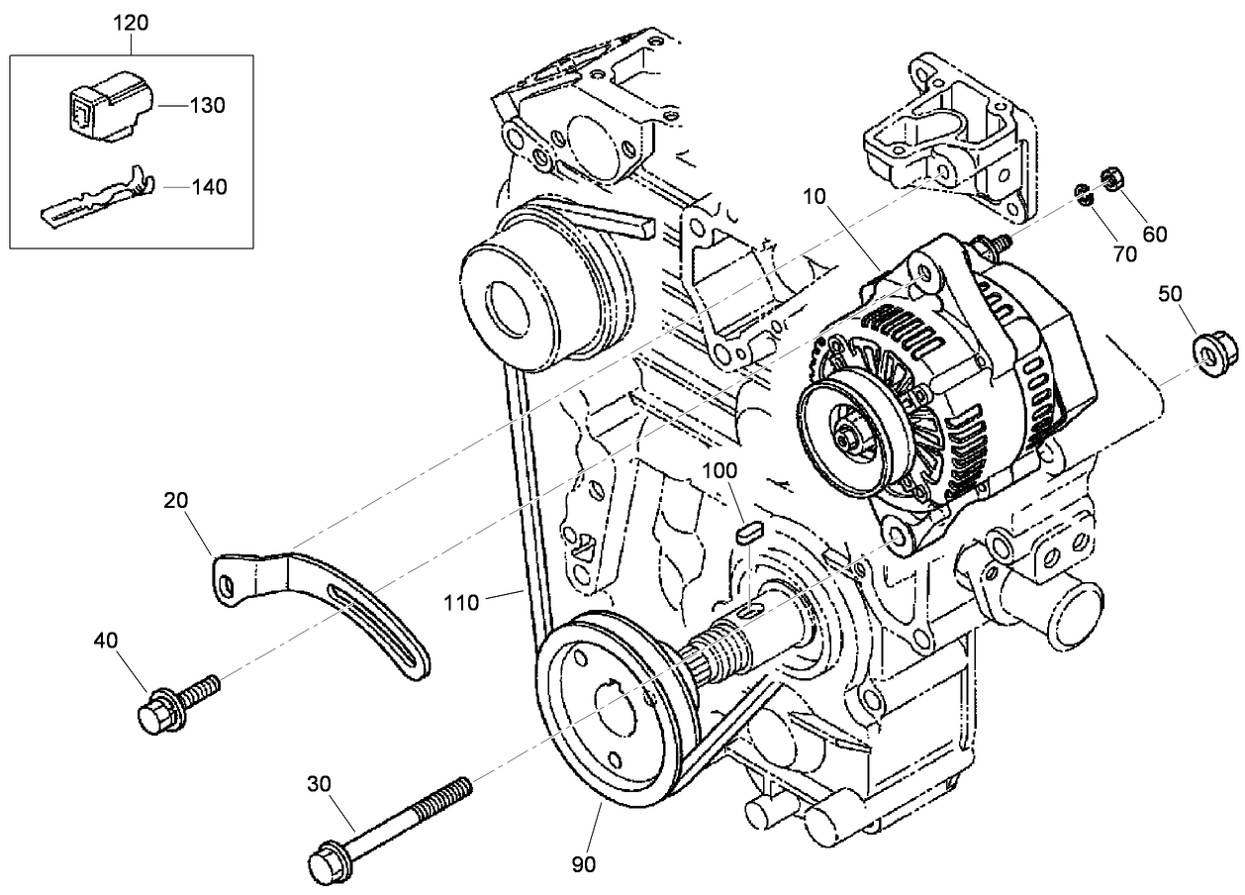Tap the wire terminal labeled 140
(99, 197)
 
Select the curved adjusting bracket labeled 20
(327, 605)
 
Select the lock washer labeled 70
(1085, 193)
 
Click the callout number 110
(462, 601)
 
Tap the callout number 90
(584, 863)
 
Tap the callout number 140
(208, 185)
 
